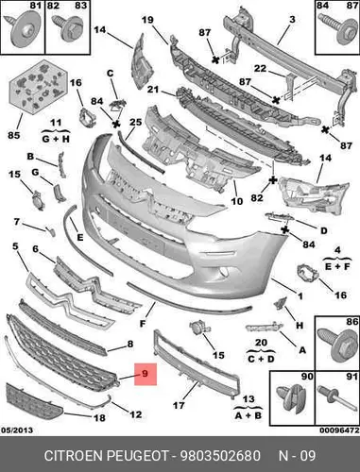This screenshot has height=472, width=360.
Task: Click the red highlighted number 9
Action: [x=145, y=374]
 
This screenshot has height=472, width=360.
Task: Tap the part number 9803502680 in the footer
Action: [x=220, y=456]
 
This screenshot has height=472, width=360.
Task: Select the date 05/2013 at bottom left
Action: [x=17, y=430]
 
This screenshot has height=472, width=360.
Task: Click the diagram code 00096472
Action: [x=339, y=430]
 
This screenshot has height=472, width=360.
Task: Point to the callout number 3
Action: [x=292, y=20]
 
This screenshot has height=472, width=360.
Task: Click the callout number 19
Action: [x=147, y=20]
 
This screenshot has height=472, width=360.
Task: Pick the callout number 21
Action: [x=153, y=90]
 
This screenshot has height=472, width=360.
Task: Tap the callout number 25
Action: [x=136, y=122]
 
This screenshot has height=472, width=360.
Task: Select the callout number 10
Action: [x=237, y=201]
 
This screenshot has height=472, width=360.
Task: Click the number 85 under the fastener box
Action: [x=14, y=135]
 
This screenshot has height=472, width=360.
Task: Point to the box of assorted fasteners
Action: [x=39, y=86]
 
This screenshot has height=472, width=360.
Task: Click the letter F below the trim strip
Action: [x=143, y=323]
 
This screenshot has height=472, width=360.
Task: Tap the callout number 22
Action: [x=260, y=68]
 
